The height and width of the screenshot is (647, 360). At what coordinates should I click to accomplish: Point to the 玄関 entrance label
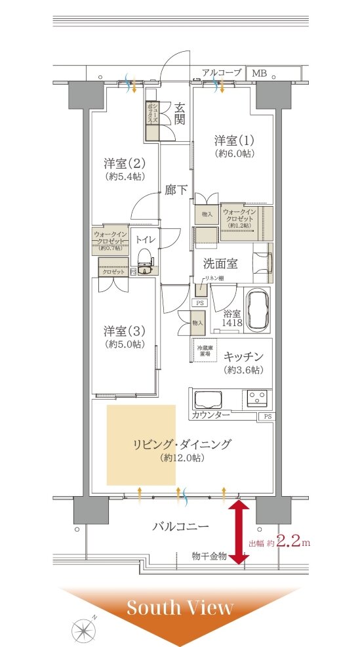[179, 113]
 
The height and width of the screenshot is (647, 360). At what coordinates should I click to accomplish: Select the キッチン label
[243, 356]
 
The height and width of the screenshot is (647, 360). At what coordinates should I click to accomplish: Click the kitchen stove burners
[256, 398]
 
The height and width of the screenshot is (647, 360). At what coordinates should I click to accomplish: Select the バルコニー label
[180, 526]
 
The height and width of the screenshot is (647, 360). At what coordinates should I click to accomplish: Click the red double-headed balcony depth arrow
[238, 532]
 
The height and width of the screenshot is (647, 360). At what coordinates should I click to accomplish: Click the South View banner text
[180, 608]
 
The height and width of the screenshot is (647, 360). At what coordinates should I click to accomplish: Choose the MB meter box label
[260, 73]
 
